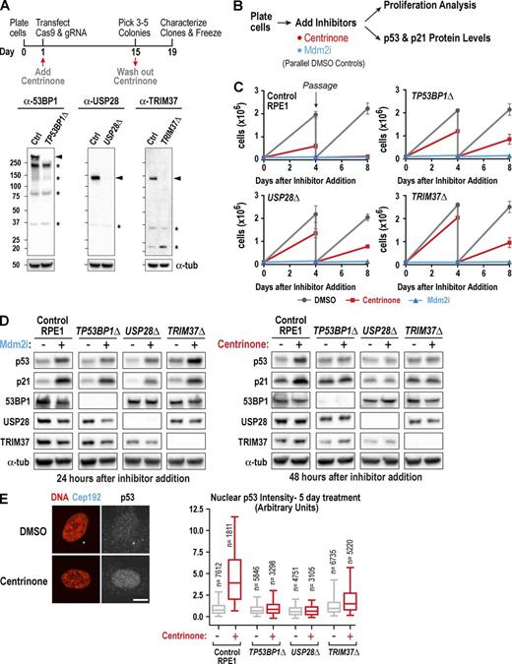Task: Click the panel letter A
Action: [9, 9]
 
